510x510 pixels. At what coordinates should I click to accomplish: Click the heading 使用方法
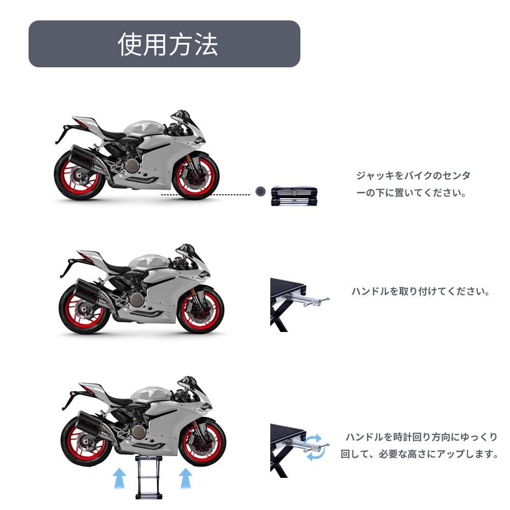[168, 44]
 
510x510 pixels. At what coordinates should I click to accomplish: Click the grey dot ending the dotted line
[261, 192]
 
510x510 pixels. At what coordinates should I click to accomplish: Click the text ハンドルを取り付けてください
[421, 292]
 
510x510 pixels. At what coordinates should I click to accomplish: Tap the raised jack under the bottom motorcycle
[148, 477]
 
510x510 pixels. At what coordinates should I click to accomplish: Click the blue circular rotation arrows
[313, 447]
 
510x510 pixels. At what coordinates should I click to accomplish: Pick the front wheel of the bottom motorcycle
[203, 442]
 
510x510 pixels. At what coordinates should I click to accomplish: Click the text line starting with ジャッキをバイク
[413, 176]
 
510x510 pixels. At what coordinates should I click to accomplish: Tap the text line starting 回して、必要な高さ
[419, 453]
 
